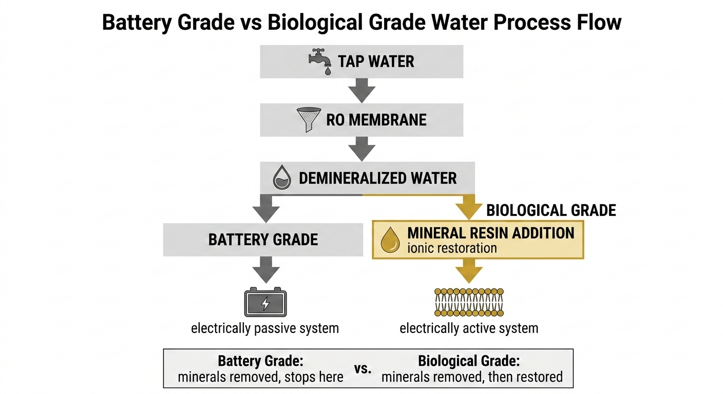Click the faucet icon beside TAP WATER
tap(319, 62)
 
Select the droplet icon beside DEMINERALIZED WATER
tap(280, 179)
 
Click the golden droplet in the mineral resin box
tap(390, 241)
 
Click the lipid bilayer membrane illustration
tap(469, 302)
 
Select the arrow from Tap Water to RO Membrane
tap(362, 90)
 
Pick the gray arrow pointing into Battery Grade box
tap(265, 209)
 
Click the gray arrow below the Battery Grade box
tap(265, 269)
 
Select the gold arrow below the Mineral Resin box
tap(469, 271)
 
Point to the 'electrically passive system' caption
tap(265, 328)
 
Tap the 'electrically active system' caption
tap(469, 328)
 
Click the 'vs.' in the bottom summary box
tap(363, 369)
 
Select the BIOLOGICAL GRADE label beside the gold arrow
tap(551, 210)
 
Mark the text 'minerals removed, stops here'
tap(260, 378)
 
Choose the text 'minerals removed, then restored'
tap(472, 378)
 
